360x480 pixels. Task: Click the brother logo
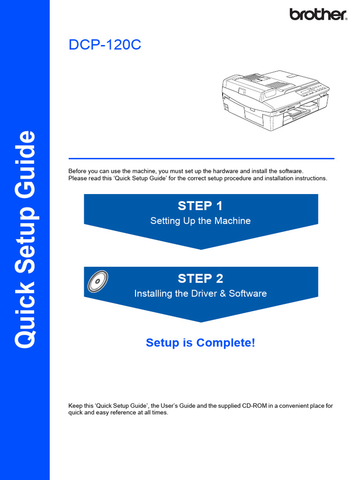click(x=318, y=14)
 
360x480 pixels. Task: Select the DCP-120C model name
click(x=105, y=45)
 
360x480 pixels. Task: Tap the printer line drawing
click(x=275, y=100)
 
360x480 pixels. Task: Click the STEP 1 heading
click(x=200, y=206)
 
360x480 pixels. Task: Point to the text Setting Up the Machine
click(x=200, y=221)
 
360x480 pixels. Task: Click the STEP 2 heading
click(x=200, y=278)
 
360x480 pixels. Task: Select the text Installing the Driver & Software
click(x=200, y=293)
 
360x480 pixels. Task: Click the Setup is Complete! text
click(x=200, y=343)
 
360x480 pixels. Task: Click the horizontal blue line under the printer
click(x=201, y=158)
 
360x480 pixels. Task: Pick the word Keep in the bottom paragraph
click(x=75, y=405)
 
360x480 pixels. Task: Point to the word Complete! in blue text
click(x=226, y=343)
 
